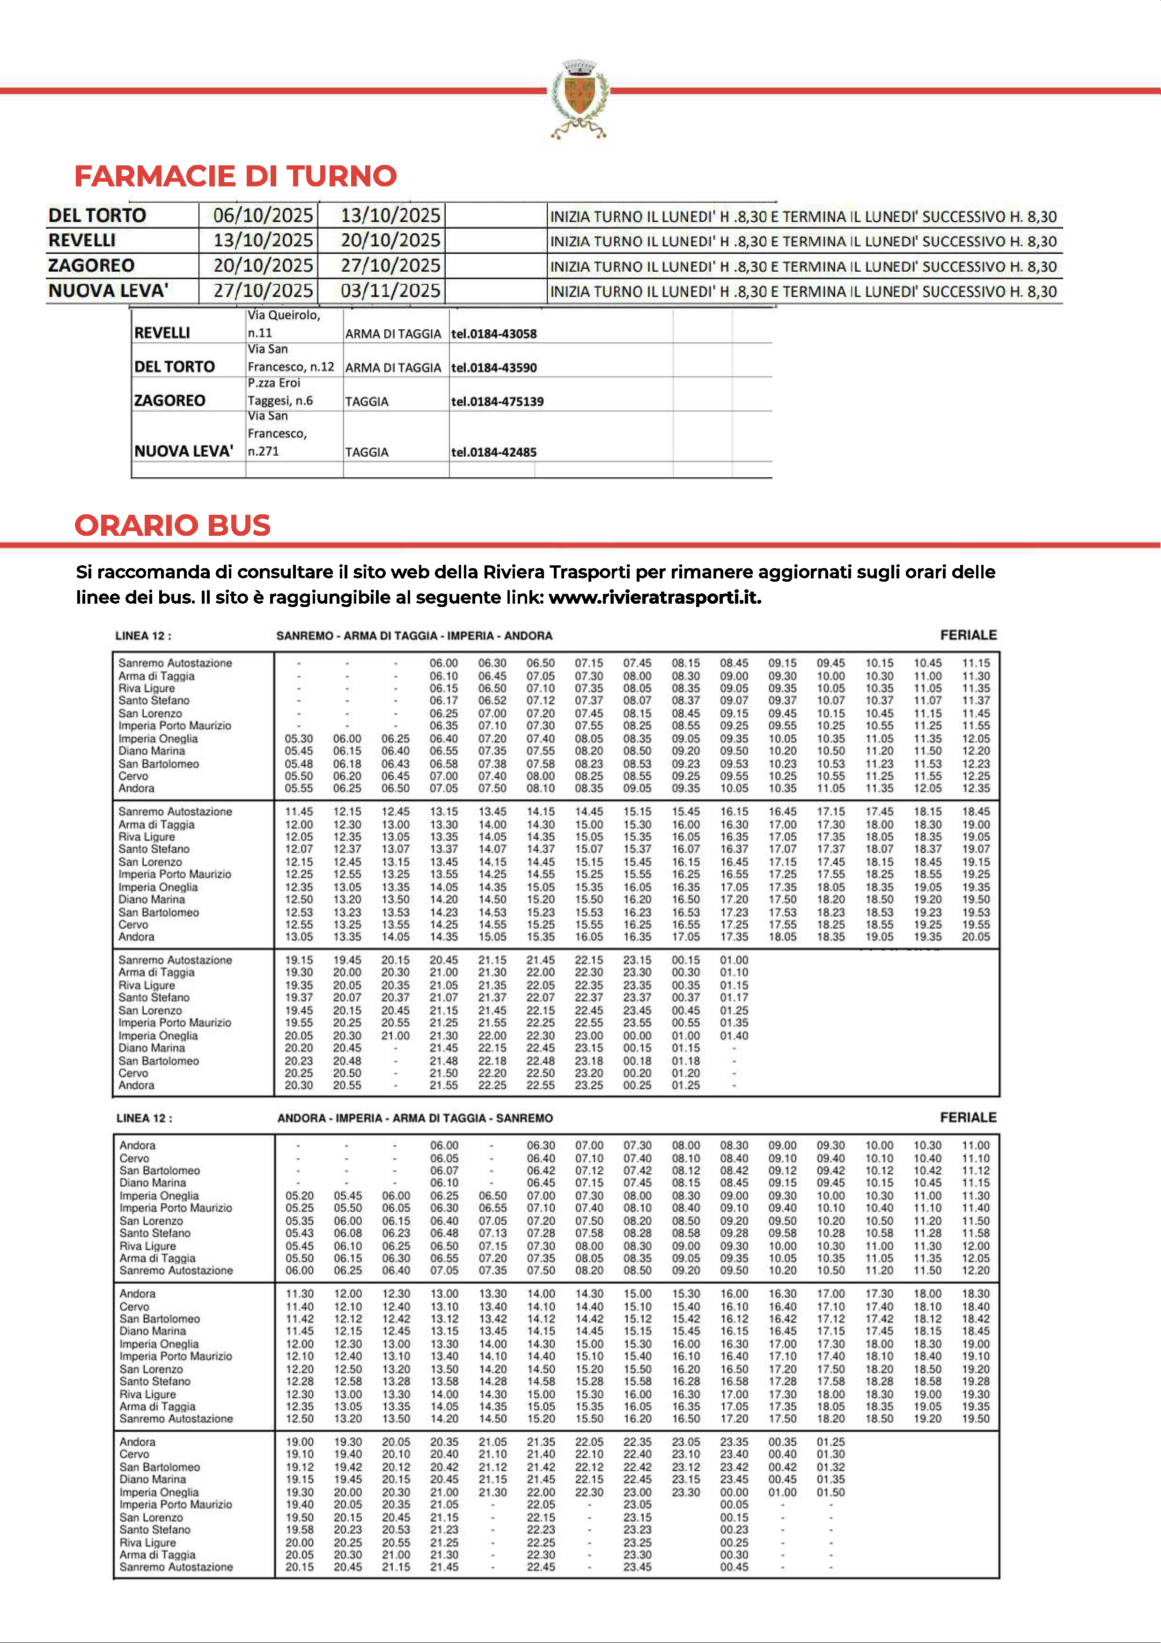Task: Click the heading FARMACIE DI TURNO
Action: (235, 176)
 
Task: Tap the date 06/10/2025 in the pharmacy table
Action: (263, 215)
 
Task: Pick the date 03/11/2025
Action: (390, 290)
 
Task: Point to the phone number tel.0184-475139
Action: (497, 401)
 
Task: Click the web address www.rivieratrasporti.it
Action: (654, 598)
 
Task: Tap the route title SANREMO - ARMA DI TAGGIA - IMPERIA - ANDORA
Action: (414, 636)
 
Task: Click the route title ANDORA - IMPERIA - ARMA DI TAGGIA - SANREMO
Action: (415, 1118)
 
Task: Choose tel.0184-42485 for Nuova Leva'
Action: (493, 452)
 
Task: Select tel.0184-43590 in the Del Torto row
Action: (493, 368)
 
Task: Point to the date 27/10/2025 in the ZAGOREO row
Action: (390, 266)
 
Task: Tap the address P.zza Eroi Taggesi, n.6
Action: (280, 392)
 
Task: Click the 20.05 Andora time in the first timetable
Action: (976, 937)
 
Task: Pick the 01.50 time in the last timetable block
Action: (830, 1492)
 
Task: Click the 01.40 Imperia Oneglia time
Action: (734, 1036)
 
